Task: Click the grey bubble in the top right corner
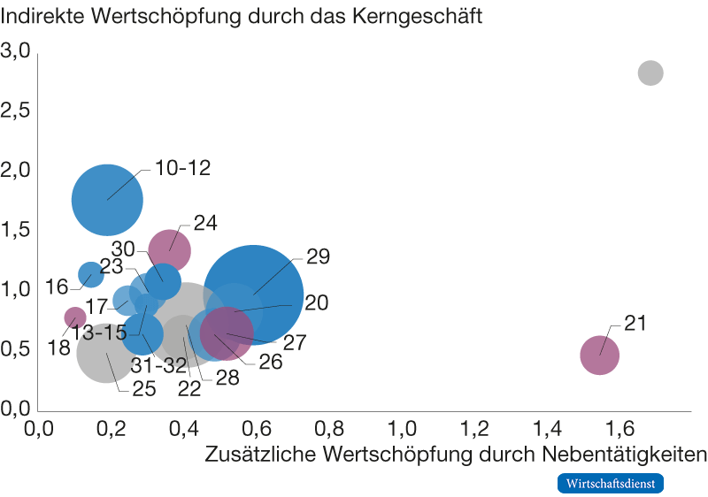pyautogui.click(x=650, y=73)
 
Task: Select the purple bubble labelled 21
pyautogui.click(x=599, y=355)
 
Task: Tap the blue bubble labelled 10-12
pyautogui.click(x=107, y=199)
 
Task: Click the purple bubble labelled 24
pyautogui.click(x=169, y=249)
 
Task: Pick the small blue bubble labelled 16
pyautogui.click(x=91, y=274)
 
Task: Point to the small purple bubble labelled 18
pyautogui.click(x=75, y=317)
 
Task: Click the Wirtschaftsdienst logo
pyautogui.click(x=610, y=483)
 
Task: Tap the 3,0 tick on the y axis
pyautogui.click(x=17, y=50)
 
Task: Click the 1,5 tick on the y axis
pyautogui.click(x=17, y=230)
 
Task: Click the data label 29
pyautogui.click(x=318, y=257)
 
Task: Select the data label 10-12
pyautogui.click(x=182, y=168)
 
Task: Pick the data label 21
pyautogui.click(x=635, y=324)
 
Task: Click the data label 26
pyautogui.click(x=270, y=362)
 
